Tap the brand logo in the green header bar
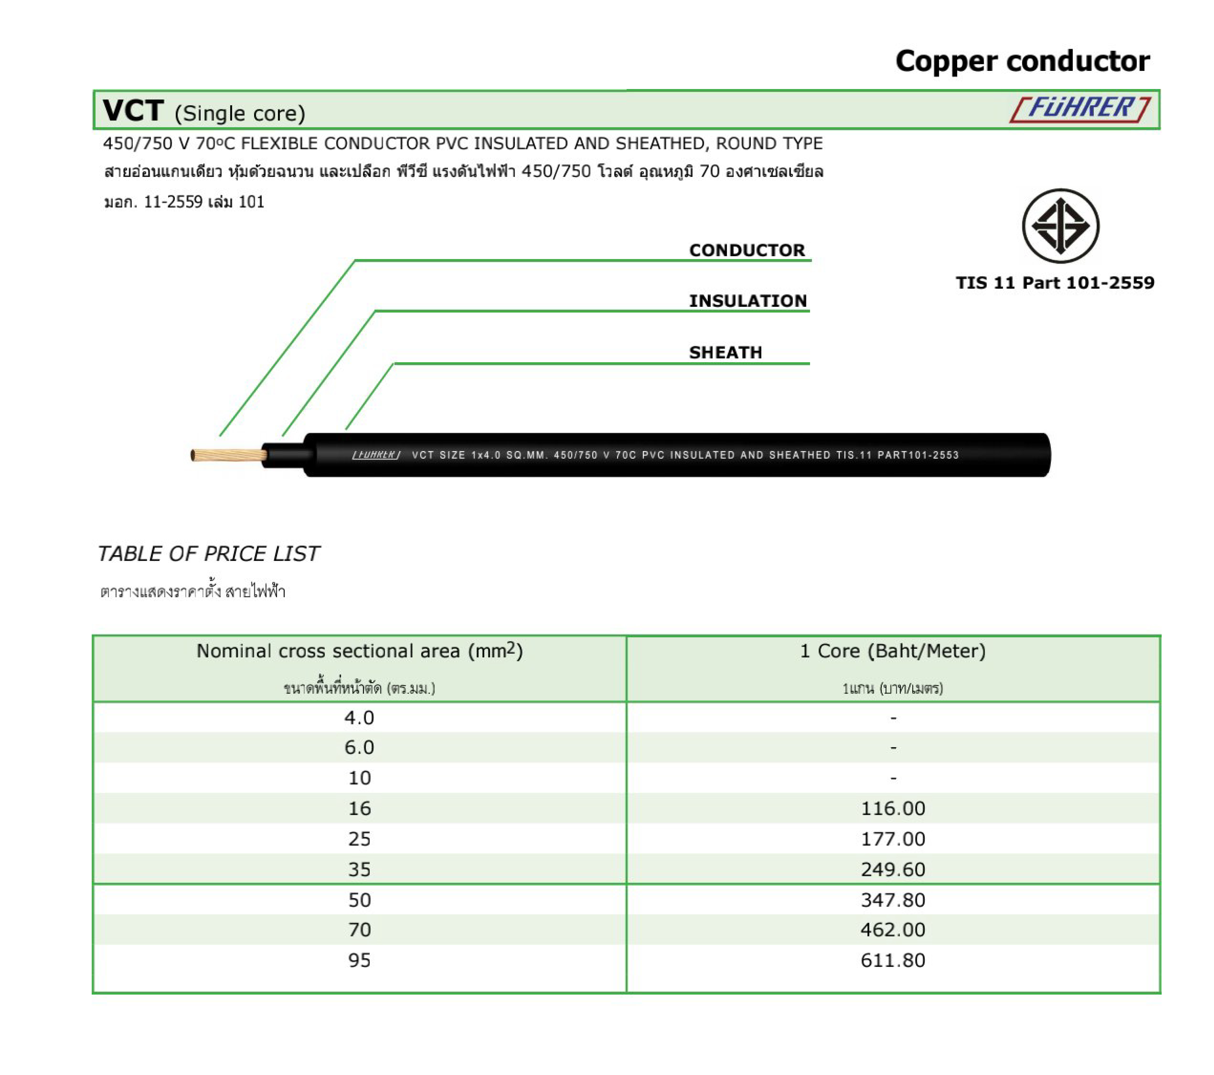(x=1080, y=109)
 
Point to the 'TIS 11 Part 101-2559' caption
(x=1055, y=283)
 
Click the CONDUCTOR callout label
(x=746, y=250)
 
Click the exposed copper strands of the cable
(x=229, y=455)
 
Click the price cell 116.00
(x=893, y=808)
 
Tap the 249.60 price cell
(x=893, y=869)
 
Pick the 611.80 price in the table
(x=893, y=960)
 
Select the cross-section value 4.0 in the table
(x=359, y=718)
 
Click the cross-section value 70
(x=359, y=930)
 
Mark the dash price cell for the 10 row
(x=893, y=778)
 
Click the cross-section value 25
(x=359, y=839)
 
